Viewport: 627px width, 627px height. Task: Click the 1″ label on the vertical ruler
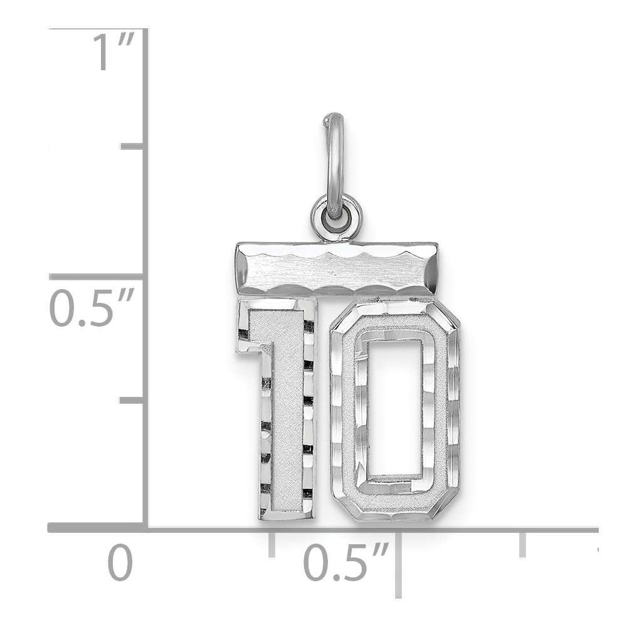click(x=113, y=52)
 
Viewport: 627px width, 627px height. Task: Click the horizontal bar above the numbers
click(x=337, y=269)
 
